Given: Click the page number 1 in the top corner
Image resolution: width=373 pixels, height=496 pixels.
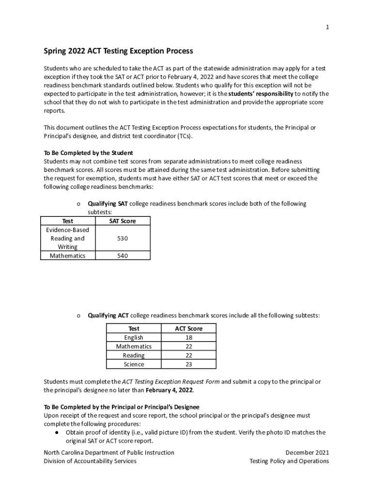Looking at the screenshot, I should point(327,28).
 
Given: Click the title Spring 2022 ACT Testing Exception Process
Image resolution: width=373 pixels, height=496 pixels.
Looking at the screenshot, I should point(118,51).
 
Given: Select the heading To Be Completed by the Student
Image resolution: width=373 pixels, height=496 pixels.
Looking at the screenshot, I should point(88,153).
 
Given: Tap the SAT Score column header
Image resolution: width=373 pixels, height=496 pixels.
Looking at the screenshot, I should point(123,221).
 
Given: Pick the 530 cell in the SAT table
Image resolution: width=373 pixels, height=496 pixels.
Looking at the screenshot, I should point(123,238).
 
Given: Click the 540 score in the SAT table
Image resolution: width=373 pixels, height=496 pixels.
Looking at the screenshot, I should point(123,256).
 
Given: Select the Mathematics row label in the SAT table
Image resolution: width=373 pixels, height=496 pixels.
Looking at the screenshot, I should point(67,256).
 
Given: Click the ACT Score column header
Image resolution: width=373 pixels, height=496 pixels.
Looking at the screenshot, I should point(188,328).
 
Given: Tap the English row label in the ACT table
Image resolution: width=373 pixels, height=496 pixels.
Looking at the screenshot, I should point(134,338).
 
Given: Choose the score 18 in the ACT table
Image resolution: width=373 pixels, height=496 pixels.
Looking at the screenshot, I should point(188,338).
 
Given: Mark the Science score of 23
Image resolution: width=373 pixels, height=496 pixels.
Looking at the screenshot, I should point(188,364).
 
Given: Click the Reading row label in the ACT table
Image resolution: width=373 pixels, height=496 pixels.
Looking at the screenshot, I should point(134,356).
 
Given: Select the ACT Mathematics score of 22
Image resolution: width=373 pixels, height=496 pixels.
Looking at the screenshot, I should point(188,346).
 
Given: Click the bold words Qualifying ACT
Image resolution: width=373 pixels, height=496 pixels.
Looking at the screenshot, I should point(108,315).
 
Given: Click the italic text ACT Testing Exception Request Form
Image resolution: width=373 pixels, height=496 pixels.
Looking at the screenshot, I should point(171,382).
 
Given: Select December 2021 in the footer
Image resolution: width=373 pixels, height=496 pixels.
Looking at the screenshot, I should point(307,452).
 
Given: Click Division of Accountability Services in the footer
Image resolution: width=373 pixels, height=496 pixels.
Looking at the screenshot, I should point(90,461).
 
